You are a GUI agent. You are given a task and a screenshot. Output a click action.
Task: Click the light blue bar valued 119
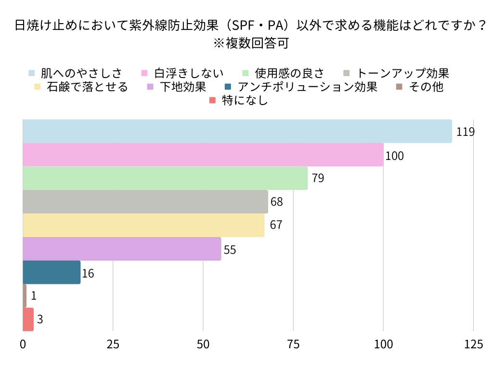(237, 131)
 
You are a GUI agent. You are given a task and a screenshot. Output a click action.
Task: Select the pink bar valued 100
(203, 155)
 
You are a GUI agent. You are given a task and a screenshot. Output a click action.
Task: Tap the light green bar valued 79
(165, 178)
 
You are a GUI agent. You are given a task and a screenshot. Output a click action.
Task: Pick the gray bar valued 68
(145, 202)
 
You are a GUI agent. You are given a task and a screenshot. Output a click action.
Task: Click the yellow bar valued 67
(143, 225)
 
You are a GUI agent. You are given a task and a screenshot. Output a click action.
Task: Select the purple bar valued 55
(122, 249)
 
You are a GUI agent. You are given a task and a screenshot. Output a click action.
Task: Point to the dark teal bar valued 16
(52, 272)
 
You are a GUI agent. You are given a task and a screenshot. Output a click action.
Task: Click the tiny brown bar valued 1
(25, 296)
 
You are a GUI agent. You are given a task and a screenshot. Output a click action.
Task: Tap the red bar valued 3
(28, 319)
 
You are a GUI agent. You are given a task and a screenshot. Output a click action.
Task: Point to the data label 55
(230, 250)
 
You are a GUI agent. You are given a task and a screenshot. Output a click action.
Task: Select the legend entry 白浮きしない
(189, 73)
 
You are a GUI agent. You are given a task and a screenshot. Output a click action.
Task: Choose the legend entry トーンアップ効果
(402, 73)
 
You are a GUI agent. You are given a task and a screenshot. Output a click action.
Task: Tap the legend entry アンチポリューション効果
(308, 87)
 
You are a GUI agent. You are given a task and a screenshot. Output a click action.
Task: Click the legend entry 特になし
(245, 101)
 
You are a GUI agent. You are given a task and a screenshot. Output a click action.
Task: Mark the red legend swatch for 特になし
(213, 101)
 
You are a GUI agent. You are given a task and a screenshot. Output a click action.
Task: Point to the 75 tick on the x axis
(293, 344)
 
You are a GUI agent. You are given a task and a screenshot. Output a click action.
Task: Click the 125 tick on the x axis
(473, 344)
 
